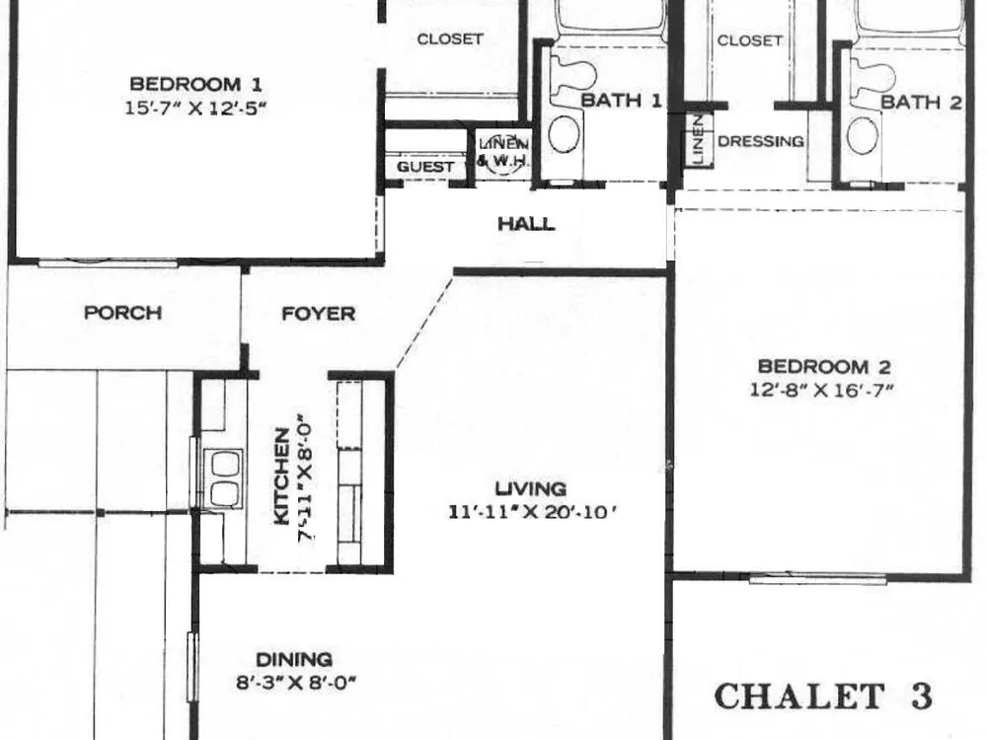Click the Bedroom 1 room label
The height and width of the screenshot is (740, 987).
pos(195,84)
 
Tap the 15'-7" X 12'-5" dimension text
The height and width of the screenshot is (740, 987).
pos(195,108)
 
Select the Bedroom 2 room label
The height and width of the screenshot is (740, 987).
pos(823,366)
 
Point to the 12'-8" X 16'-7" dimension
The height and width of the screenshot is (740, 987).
pos(821,390)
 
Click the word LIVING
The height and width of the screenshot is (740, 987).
pos(531,488)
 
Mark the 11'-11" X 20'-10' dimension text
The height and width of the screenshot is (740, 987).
pos(531,512)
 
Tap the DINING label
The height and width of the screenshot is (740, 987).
pos(294,659)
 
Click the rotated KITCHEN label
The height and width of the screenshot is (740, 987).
pos(282,476)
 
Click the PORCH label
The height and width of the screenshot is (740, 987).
pos(122,313)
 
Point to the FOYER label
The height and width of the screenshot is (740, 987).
pos(318,314)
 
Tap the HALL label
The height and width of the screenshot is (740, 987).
pos(526,223)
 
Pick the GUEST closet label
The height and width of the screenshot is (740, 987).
pos(425,167)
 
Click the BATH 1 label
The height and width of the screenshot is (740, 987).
pos(621,100)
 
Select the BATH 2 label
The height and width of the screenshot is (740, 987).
pos(921,102)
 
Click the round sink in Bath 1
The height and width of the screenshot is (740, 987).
pos(564,134)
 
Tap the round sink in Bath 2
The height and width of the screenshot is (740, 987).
pos(863,136)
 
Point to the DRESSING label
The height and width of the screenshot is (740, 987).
pos(760,141)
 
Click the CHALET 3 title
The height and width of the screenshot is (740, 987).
pos(823,697)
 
